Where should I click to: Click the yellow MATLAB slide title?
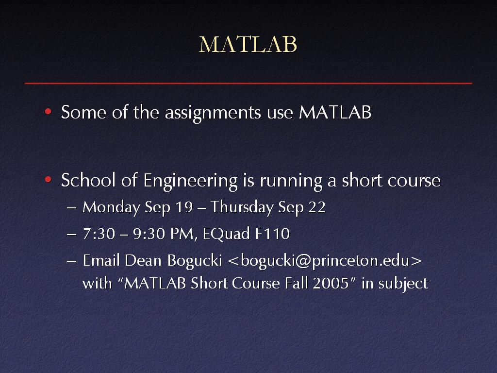pos(248,44)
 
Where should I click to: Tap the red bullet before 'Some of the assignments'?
pos(48,111)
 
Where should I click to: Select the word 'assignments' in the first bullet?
pos(213,113)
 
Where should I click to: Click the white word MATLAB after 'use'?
pos(335,112)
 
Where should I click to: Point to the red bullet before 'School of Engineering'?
pos(48,180)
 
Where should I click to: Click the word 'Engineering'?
pos(190,181)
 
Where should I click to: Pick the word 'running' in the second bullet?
pos(291,181)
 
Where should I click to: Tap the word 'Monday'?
pos(111,207)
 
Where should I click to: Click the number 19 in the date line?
pos(184,207)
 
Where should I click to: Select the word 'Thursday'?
pos(242,207)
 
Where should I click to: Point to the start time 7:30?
pos(99,234)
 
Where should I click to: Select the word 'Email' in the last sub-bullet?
pos(101,260)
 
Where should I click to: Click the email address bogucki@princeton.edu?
pos(325,261)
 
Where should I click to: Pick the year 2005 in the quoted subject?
pos(331,283)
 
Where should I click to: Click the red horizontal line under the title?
pos(248,84)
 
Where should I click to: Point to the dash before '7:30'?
pos(72,235)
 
